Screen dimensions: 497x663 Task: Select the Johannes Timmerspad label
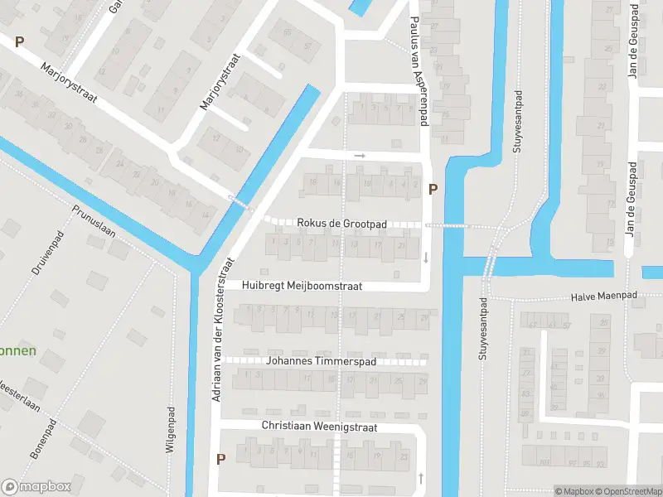click(322, 362)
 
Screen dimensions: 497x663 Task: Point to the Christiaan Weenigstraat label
click(319, 427)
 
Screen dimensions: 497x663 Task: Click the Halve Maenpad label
click(603, 297)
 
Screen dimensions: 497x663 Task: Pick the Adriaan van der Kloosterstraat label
click(222, 330)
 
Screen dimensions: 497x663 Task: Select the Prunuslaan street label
click(94, 221)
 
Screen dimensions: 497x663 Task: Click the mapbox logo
click(36, 487)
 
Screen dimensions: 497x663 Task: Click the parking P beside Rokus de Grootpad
click(432, 190)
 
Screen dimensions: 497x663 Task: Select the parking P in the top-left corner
click(19, 41)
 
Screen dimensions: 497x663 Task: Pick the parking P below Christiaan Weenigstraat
click(220, 458)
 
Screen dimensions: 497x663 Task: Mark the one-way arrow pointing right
click(360, 155)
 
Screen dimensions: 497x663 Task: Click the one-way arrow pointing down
click(426, 257)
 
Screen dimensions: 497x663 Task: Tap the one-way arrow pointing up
click(422, 477)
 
